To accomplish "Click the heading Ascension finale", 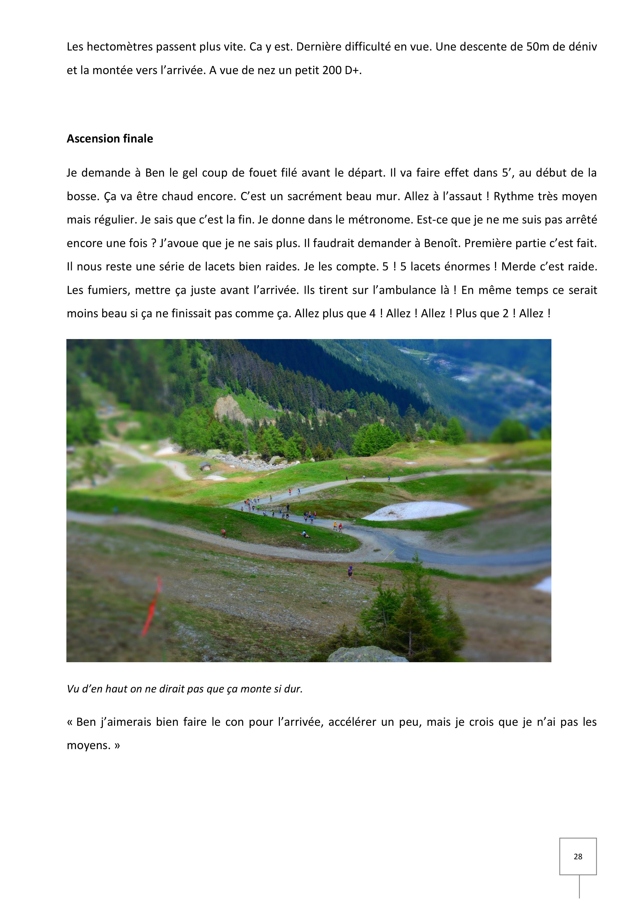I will pos(110,139).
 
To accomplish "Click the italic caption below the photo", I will pos(185,689).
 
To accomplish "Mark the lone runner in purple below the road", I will pos(350,572).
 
